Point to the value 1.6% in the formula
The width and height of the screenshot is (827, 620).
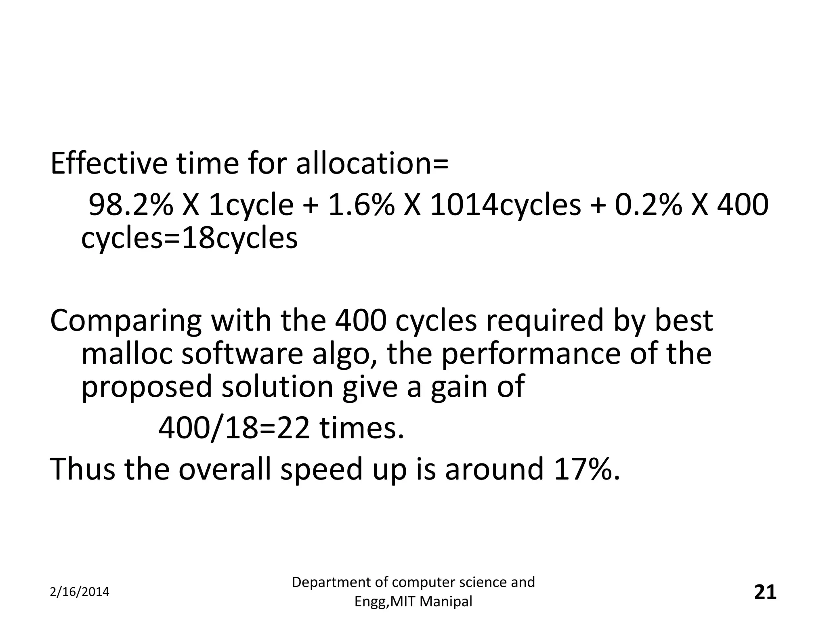pos(361,205)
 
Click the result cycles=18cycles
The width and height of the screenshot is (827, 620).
pos(189,239)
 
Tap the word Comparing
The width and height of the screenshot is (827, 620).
pos(126,321)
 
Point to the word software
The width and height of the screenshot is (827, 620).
pos(242,354)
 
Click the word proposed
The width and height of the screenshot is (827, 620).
pos(146,387)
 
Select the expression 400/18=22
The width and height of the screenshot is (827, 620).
pos(234,428)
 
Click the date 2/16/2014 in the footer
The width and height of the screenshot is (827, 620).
pos(80,592)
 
